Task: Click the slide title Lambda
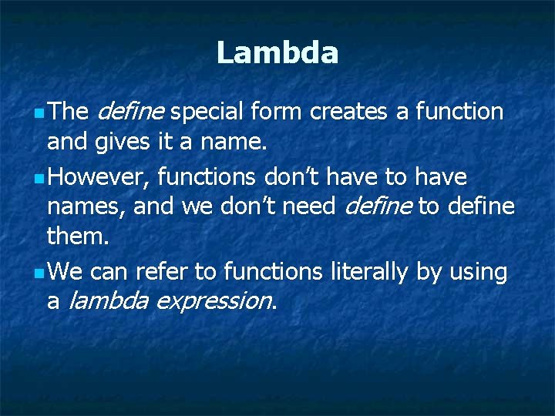[277, 53]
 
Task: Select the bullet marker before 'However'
[39, 179]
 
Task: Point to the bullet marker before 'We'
[39, 273]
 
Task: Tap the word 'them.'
[78, 237]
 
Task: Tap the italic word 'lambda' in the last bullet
[109, 301]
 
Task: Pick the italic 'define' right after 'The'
[131, 112]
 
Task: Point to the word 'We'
[65, 272]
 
